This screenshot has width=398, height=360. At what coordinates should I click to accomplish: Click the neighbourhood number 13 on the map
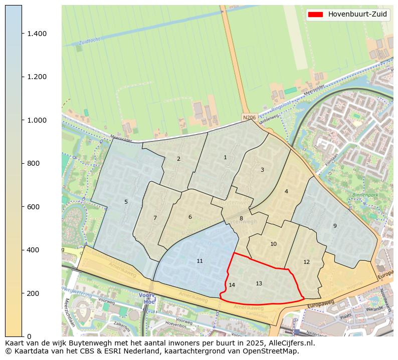point(259,284)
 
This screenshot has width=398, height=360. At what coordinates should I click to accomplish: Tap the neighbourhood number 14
point(232,285)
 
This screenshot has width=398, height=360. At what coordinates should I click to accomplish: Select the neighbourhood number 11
point(200,261)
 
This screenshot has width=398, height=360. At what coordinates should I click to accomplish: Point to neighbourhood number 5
point(126,202)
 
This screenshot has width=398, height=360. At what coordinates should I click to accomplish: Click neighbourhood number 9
point(335,226)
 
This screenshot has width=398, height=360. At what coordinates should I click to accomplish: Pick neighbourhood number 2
point(178,159)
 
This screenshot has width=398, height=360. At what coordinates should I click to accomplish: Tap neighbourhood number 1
point(225,158)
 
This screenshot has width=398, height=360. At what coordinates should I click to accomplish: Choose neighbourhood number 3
point(262,170)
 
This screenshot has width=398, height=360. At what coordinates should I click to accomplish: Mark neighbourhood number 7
point(155,218)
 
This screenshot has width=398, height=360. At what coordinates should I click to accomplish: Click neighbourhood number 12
point(306,262)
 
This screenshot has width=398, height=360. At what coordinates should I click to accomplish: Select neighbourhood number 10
point(273,244)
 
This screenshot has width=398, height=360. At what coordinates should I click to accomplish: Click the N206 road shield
point(249,118)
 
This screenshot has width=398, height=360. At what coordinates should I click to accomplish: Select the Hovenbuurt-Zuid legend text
point(357,15)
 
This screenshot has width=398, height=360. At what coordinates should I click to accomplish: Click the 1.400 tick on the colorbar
point(37,34)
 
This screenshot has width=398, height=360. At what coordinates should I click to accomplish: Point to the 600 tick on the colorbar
point(33,207)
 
